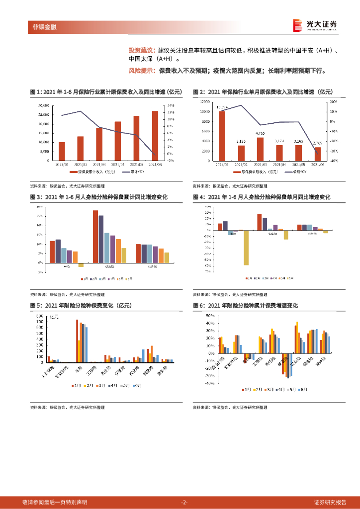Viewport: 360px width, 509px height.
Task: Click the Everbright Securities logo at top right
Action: coord(315,25)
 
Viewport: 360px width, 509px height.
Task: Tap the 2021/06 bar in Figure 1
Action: coord(155,136)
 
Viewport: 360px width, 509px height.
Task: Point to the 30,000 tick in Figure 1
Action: coord(44,106)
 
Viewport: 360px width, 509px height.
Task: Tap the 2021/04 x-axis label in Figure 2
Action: coord(279,164)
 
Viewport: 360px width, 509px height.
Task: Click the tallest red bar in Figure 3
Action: coord(95,237)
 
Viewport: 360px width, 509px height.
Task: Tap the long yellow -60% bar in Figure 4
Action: coord(246,248)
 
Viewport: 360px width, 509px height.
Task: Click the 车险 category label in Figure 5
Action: coord(80,370)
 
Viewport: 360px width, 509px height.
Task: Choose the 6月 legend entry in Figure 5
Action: coord(137,385)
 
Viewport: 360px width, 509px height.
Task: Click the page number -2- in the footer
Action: coord(184,502)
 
